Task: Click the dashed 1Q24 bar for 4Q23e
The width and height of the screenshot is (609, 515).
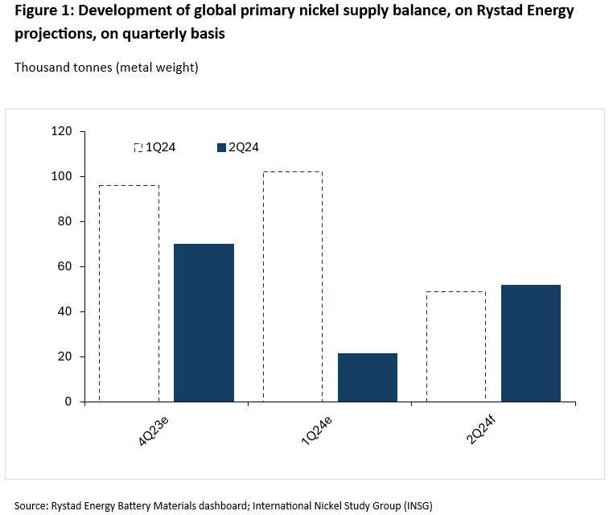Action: [x=129, y=293]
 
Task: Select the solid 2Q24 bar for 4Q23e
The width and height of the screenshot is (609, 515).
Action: [x=204, y=322]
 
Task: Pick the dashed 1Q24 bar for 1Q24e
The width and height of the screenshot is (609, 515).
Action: [x=293, y=286]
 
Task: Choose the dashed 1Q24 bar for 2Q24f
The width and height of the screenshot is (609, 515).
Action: [x=456, y=346]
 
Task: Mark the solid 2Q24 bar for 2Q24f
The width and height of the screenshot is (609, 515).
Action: [x=531, y=343]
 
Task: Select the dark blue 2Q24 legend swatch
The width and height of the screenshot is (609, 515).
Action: [x=222, y=147]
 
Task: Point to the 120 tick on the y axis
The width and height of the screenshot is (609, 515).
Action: [x=62, y=131]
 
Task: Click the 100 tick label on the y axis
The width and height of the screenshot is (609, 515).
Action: [x=62, y=176]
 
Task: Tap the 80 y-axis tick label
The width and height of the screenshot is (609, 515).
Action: [x=65, y=221]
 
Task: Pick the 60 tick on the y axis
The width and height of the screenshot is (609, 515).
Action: [x=65, y=266]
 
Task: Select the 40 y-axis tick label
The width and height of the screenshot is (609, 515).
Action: [x=65, y=311]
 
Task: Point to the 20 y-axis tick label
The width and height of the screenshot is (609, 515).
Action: [x=65, y=356]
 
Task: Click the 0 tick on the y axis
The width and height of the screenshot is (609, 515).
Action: [x=68, y=402]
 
